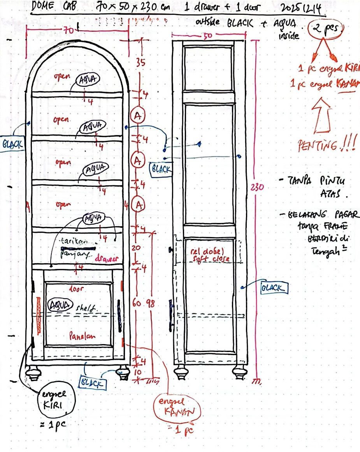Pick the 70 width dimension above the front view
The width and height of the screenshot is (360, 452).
point(69,30)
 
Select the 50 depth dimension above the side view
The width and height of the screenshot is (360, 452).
point(207,35)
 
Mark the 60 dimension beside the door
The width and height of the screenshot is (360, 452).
point(137,304)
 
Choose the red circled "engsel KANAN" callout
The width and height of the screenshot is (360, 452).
point(179,408)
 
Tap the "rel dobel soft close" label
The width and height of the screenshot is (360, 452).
point(210,255)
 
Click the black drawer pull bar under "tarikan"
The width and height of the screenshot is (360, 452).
point(78,248)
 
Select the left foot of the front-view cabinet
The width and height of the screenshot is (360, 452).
point(33,374)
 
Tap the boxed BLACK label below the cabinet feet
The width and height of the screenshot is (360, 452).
point(92,383)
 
